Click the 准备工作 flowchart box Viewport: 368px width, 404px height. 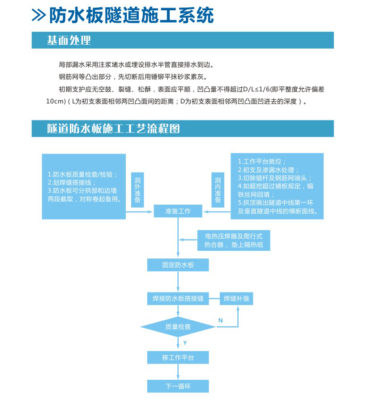178,211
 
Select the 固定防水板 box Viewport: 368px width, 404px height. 178,265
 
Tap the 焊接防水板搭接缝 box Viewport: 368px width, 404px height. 178,298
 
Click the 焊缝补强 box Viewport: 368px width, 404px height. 236,298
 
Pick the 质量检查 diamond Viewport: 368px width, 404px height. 178,327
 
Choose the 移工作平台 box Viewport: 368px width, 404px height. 178,357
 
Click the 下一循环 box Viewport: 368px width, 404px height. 178,386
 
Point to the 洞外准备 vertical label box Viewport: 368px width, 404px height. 137,189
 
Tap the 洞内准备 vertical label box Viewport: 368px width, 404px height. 218,189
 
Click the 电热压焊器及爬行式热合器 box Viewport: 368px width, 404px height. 234,240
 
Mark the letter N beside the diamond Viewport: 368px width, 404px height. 220,320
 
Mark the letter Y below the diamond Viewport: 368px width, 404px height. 184,343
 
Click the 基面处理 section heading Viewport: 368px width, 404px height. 69,40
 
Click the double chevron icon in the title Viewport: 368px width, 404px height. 39,15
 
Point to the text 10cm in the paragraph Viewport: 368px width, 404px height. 56,101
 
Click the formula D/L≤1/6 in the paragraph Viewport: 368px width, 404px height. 275,89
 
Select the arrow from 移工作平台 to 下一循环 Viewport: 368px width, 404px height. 178,372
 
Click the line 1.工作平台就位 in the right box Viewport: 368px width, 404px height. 262,161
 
